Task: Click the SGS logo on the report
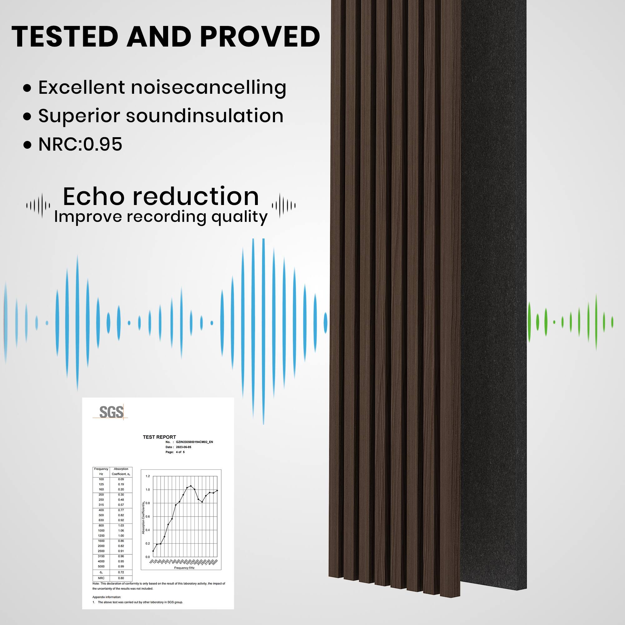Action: (111, 412)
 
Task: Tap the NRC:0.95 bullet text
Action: (80, 144)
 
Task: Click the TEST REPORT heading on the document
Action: (159, 437)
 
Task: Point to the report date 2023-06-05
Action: (183, 447)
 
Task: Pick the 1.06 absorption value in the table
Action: (121, 531)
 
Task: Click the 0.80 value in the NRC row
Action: (121, 578)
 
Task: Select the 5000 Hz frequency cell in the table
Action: (101, 567)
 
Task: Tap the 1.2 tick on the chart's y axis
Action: (148, 476)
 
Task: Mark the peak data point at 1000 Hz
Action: (191, 486)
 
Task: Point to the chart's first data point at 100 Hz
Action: (153, 551)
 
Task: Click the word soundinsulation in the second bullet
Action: (204, 116)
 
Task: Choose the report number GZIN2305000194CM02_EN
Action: (194, 442)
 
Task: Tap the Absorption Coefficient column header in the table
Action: (121, 471)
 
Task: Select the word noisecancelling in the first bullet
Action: (209, 88)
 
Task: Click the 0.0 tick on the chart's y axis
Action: (148, 557)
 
